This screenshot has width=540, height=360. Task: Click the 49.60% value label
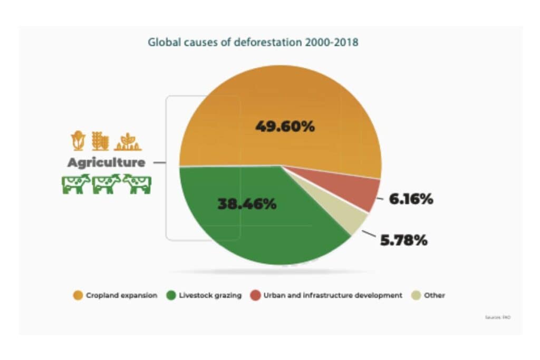(285, 127)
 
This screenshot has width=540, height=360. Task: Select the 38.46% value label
(247, 204)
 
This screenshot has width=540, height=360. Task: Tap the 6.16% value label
(411, 199)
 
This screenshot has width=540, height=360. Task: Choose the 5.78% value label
(403, 240)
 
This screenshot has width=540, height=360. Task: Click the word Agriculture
(106, 163)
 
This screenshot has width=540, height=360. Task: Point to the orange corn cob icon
(78, 140)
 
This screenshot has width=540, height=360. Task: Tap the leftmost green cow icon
(76, 184)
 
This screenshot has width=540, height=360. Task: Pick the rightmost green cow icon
(138, 184)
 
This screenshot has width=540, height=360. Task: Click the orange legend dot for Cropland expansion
(78, 296)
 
